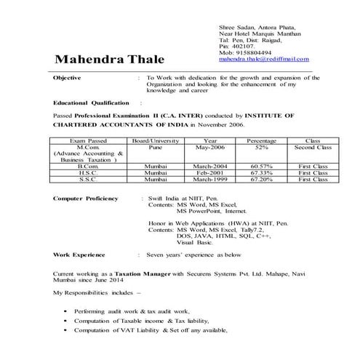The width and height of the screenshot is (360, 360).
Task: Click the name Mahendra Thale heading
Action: coord(110,58)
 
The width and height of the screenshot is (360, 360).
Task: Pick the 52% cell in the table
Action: coord(260,147)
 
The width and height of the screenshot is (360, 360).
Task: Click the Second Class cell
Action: coord(313,147)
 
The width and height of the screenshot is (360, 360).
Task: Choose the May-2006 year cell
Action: coord(210,147)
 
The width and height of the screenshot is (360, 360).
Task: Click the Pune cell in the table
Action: coord(154,147)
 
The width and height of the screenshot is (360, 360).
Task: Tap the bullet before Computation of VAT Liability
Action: coord(66,331)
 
